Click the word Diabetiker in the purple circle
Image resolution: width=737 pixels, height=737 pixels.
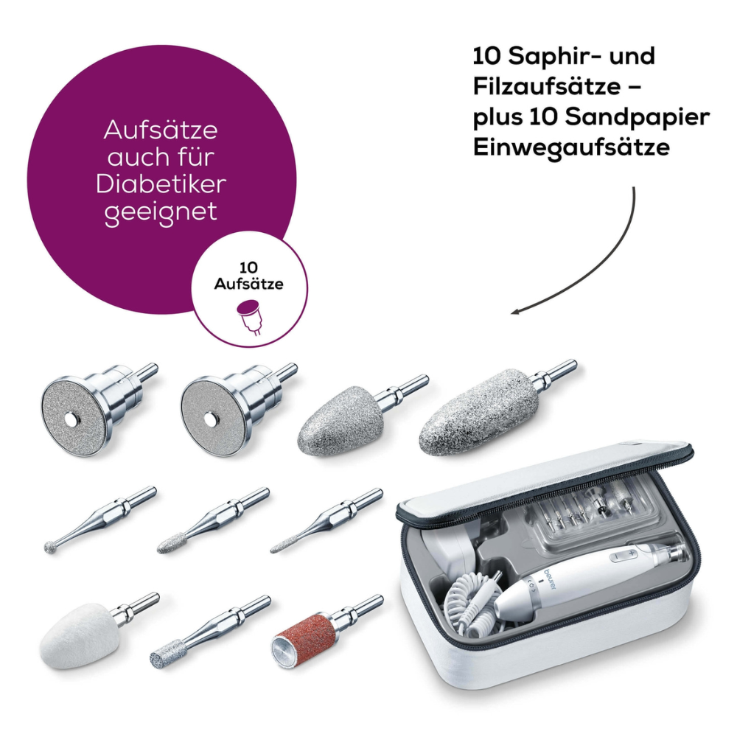pyautogui.click(x=161, y=184)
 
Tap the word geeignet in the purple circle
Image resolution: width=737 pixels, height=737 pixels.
pyautogui.click(x=161, y=212)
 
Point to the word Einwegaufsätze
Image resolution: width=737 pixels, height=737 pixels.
pyautogui.click(x=571, y=147)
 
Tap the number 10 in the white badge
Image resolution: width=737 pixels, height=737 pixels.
pyautogui.click(x=248, y=268)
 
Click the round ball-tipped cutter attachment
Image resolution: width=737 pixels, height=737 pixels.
pyautogui.click(x=52, y=546)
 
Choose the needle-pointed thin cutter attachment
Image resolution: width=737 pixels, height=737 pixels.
pyautogui.click(x=280, y=548)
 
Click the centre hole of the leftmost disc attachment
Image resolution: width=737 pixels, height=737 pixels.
pyautogui.click(x=71, y=419)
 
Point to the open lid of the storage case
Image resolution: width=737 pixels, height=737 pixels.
pyautogui.click(x=545, y=479)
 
